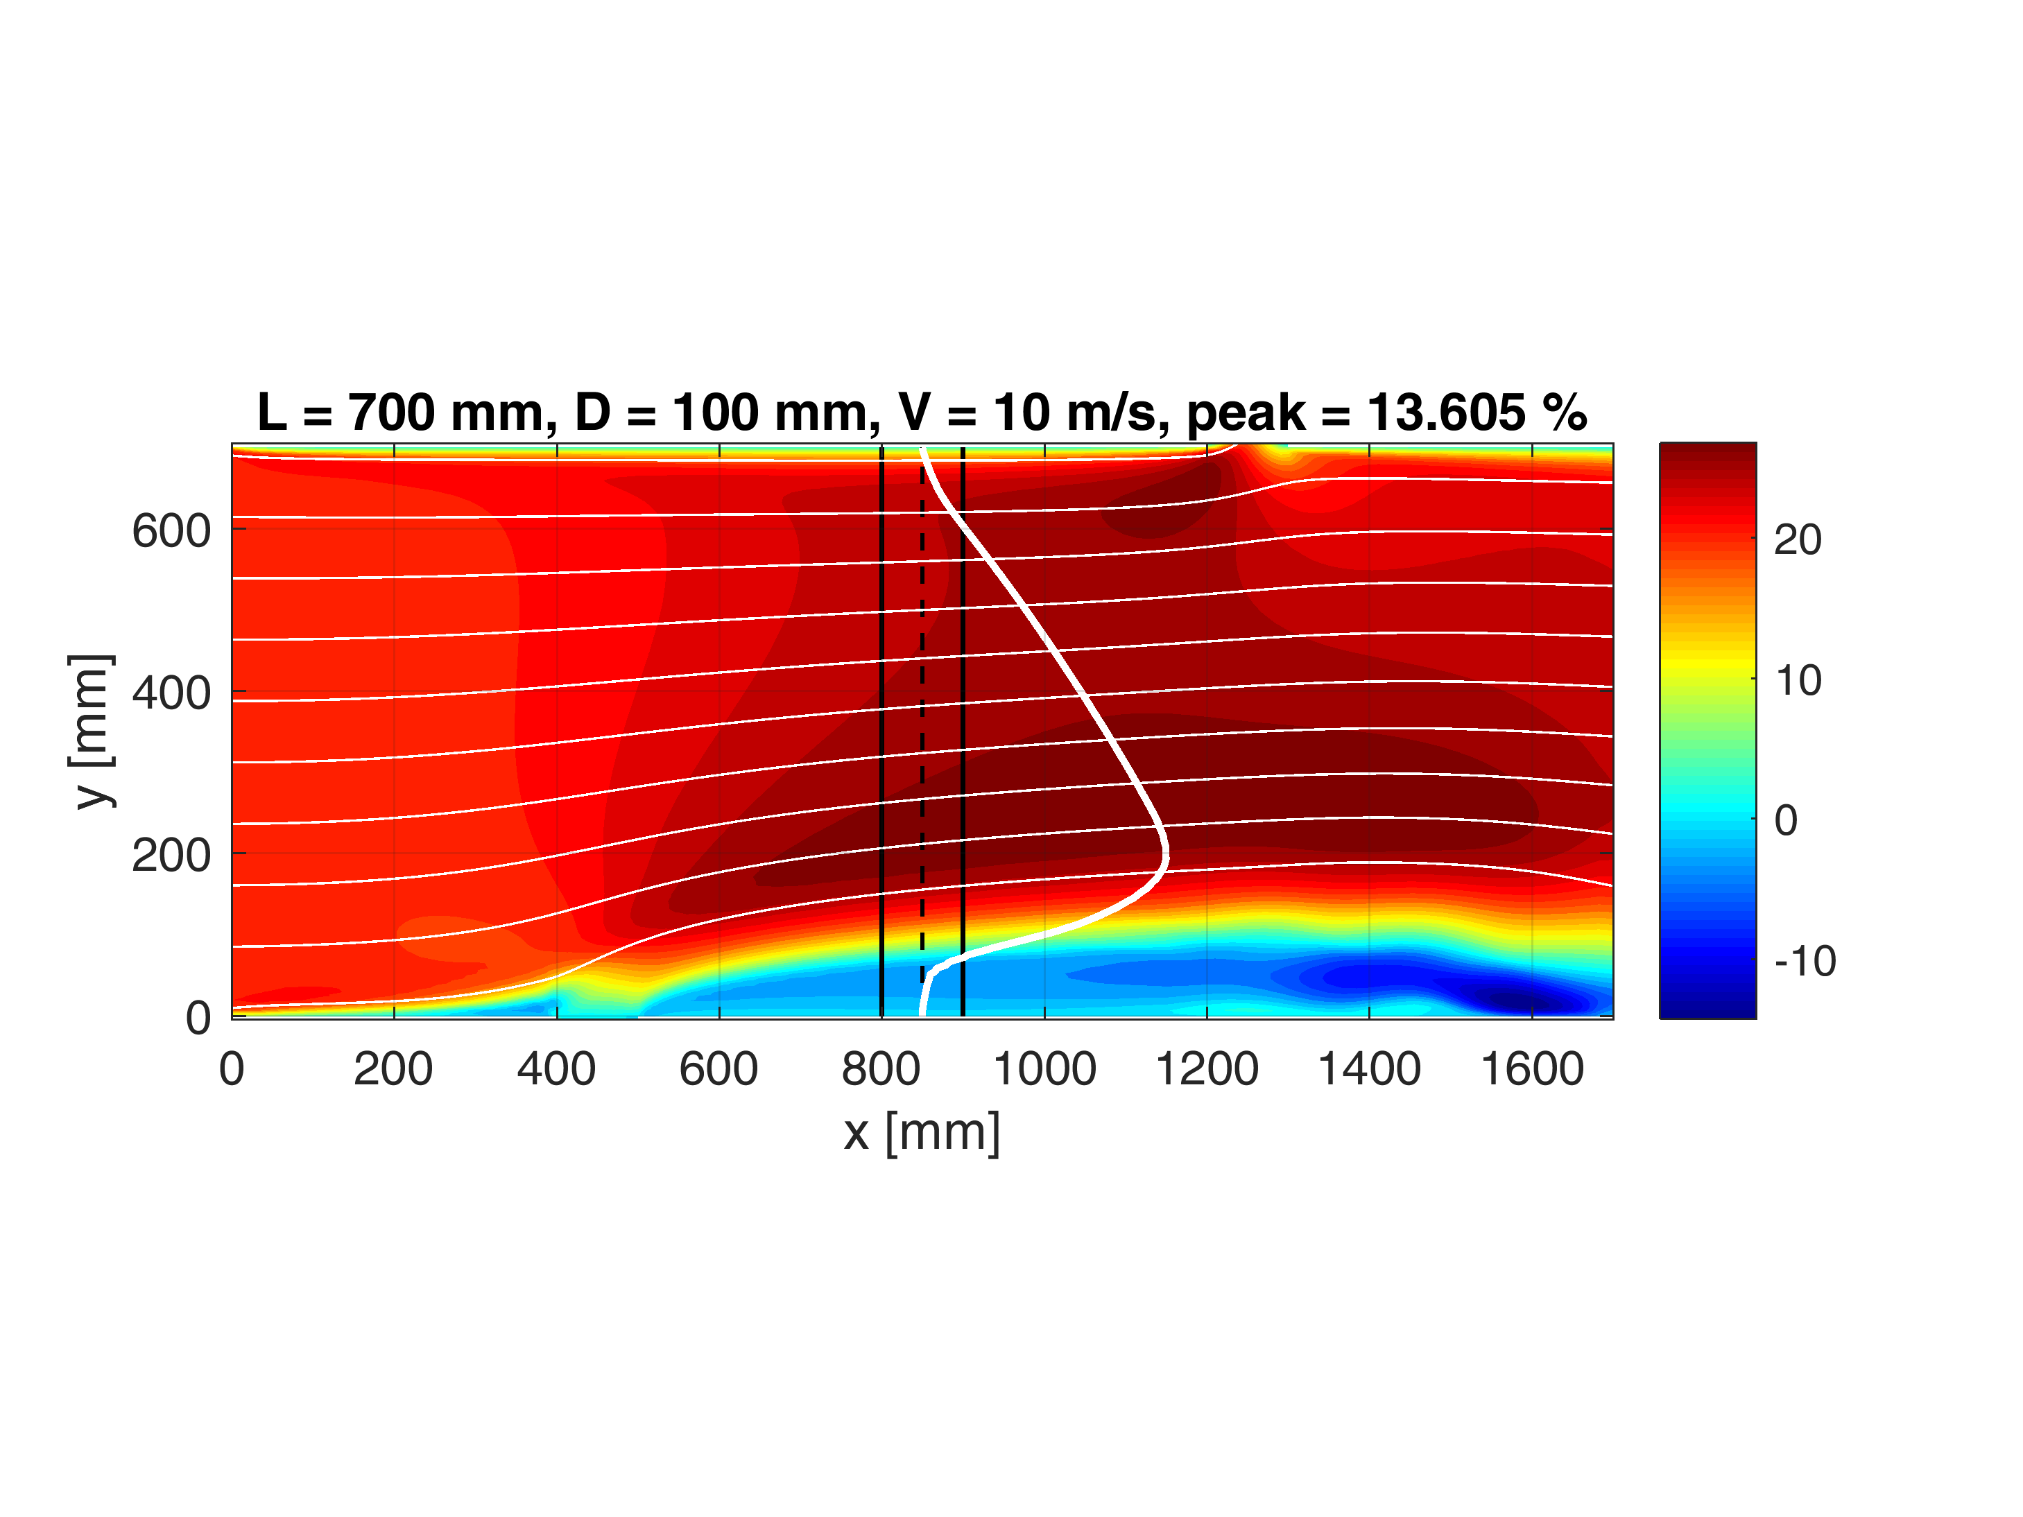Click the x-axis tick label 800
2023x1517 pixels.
(881, 1070)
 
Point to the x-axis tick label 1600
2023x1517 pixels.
(1532, 1070)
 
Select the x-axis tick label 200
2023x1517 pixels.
(393, 1070)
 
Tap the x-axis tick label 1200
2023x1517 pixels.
(1207, 1070)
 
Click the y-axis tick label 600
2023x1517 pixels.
(171, 531)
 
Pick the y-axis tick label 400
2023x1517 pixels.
(171, 693)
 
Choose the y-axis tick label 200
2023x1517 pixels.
(171, 856)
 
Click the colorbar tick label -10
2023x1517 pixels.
(1805, 961)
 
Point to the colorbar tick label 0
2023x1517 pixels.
(1786, 820)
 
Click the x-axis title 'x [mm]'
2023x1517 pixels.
(922, 1132)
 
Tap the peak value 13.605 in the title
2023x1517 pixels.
(1446, 413)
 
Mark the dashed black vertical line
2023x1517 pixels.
(922, 731)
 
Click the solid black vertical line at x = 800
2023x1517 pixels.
(881, 731)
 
